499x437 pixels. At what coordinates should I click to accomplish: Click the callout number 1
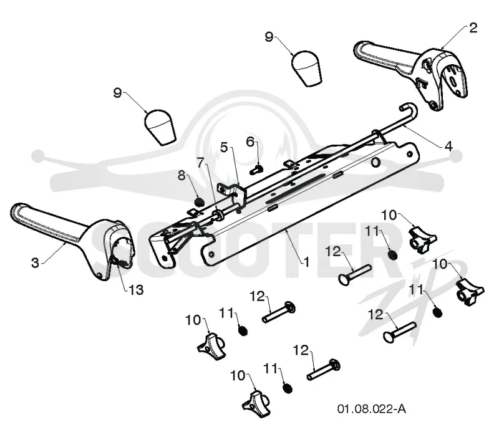306,262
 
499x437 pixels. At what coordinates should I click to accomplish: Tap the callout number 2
473,28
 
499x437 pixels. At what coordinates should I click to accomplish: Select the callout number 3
36,262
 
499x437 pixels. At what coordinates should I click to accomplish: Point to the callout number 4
448,146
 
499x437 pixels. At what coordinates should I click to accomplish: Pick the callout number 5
225,147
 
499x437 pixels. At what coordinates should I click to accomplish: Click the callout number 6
251,142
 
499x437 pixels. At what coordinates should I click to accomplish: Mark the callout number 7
200,163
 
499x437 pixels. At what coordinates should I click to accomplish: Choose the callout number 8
182,175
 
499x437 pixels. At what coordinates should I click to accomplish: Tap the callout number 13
136,290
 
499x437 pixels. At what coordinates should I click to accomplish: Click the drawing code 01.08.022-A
371,409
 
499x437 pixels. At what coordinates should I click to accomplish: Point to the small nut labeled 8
199,202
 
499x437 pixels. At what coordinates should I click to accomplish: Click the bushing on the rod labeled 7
218,214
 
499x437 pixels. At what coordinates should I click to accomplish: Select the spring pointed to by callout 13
120,261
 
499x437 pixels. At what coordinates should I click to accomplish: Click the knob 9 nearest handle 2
306,68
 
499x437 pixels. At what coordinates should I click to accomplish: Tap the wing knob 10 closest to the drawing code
256,404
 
